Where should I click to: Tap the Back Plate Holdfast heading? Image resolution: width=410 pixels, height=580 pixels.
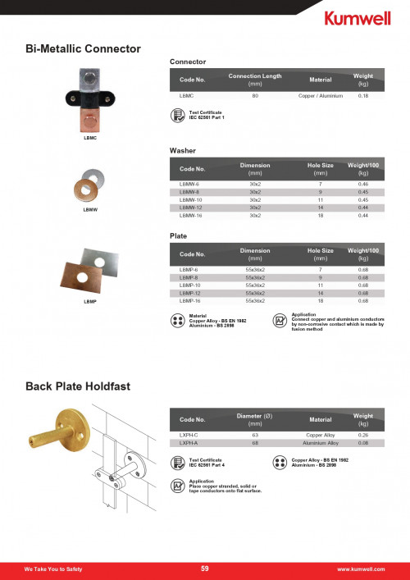77,385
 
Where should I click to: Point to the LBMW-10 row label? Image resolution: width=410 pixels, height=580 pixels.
190,199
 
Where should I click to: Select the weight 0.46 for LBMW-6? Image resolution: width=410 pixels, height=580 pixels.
363,185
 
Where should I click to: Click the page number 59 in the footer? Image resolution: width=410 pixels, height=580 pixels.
205,569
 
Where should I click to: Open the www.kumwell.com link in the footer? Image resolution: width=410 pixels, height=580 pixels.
361,569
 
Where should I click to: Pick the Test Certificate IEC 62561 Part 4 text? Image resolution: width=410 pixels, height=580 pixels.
206,463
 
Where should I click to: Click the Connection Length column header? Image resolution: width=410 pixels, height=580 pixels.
255,80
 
